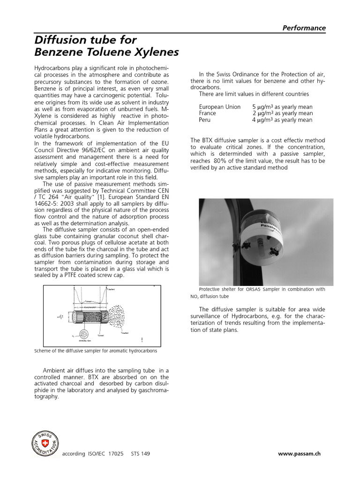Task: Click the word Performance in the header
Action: coord(304,28)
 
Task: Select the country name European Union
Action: coord(219,107)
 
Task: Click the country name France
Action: coord(208,113)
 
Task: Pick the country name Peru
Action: coord(205,120)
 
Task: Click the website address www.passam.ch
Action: coord(300,454)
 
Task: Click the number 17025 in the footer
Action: coord(116,454)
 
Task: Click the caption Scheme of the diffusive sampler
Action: coord(96,351)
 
